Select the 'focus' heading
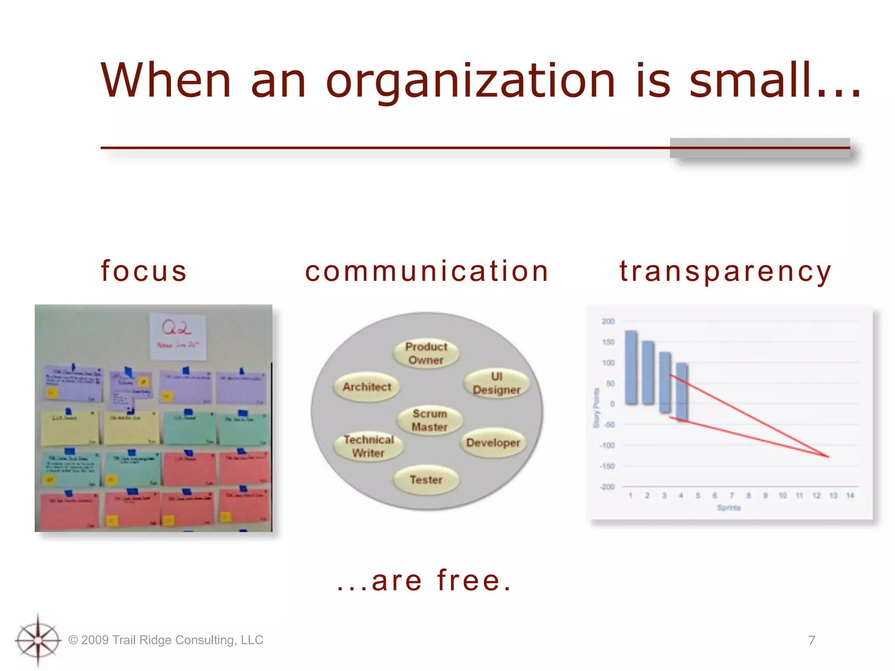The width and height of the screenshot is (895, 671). point(144,271)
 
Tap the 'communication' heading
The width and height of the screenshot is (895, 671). point(427,271)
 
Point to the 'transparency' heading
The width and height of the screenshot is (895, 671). point(725,271)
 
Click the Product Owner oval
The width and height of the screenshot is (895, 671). point(426,353)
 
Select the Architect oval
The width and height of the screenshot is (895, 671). point(367,387)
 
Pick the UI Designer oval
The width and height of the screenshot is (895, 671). point(496,383)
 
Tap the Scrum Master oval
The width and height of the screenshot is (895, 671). point(430,420)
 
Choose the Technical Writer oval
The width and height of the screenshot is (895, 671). point(368,446)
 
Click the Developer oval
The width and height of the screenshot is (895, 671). point(493,443)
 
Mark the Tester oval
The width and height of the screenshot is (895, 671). point(426,480)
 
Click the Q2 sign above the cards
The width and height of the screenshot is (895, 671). point(177,335)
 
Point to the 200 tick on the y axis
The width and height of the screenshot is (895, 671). point(608,322)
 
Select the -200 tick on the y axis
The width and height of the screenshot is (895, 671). point(607,487)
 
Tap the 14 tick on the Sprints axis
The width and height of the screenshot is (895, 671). point(850,495)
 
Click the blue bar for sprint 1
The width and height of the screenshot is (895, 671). point(631,367)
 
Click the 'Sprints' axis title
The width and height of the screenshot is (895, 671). point(728,508)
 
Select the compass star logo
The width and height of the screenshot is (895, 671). point(38,640)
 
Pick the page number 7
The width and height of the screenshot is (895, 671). point(812,640)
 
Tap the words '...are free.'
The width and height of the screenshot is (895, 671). point(424,581)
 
